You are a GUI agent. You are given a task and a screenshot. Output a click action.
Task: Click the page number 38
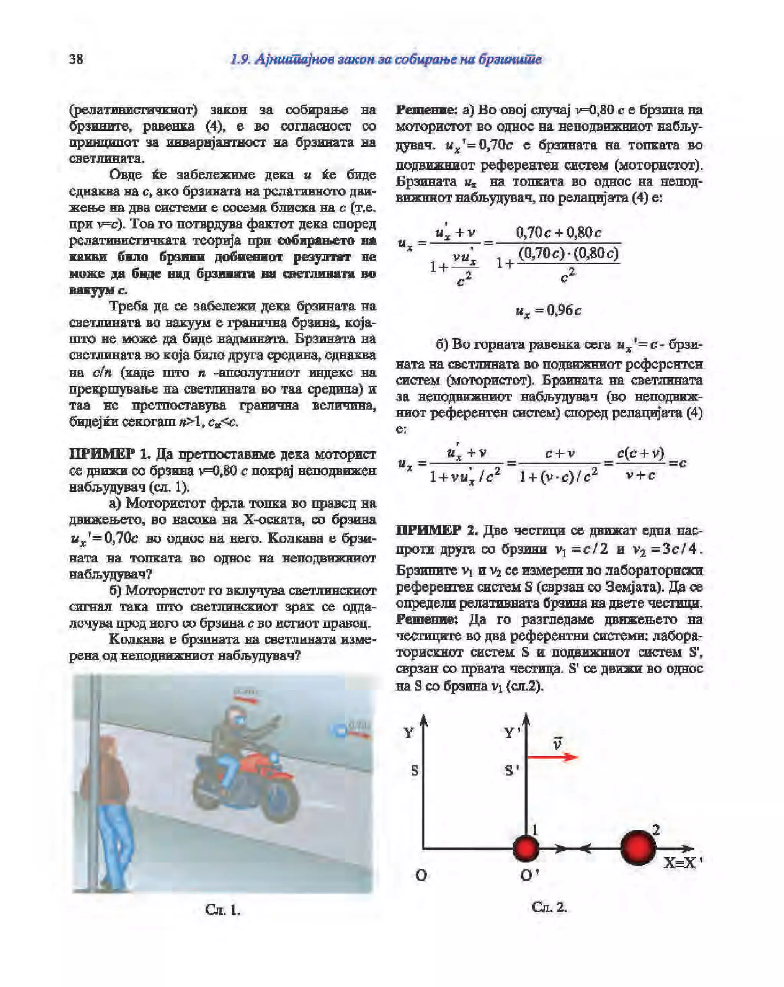pos(76,59)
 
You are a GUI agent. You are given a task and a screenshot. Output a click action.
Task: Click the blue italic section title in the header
pos(386,59)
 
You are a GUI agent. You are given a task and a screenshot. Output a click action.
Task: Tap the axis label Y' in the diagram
pos(512,733)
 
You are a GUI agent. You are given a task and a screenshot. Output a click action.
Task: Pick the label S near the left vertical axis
pos(414,770)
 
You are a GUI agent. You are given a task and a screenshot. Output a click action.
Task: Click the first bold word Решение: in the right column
pos(426,110)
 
